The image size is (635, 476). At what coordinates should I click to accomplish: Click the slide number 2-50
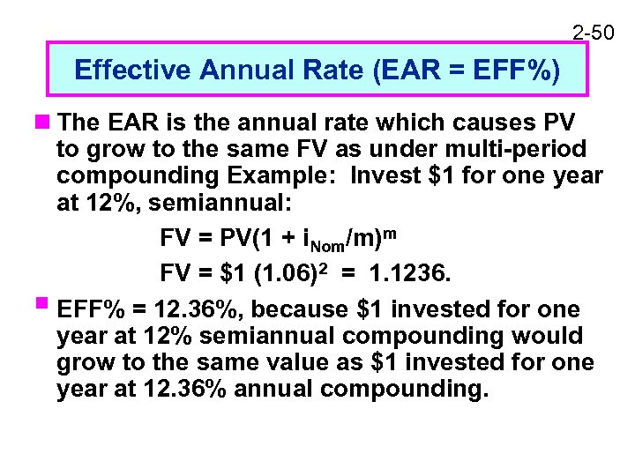[594, 33]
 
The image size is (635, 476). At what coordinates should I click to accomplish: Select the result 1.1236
[411, 275]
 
